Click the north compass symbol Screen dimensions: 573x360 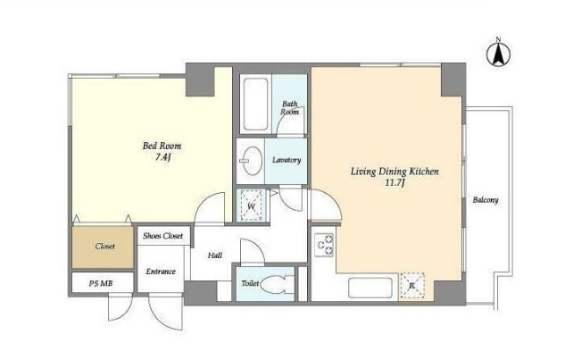498,54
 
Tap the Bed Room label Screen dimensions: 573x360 162,146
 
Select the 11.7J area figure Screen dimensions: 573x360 394,183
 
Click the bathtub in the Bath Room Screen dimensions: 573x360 255,105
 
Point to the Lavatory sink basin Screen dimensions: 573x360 253,161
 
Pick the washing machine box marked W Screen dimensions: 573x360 251,205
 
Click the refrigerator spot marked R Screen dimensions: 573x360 412,286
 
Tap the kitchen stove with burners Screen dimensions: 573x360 324,245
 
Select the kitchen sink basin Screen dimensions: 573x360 370,288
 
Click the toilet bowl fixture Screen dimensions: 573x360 278,284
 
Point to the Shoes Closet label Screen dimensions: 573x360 163,236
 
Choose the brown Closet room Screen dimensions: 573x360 103,247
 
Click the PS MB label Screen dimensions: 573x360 101,283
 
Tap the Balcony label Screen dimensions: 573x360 486,200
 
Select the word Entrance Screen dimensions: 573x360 161,272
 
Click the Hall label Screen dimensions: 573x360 215,255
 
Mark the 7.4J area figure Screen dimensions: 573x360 163,158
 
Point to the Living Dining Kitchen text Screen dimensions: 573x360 394,172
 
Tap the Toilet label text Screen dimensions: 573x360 250,283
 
